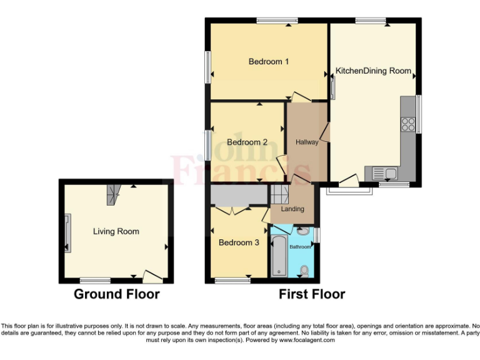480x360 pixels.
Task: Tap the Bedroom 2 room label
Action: [x=247, y=142]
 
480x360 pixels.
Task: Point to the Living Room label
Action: [x=116, y=231]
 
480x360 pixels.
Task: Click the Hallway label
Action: [x=307, y=142]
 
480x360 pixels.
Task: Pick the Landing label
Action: [x=292, y=209]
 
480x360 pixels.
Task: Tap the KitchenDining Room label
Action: [x=373, y=71]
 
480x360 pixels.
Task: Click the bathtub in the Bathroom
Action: [x=279, y=255]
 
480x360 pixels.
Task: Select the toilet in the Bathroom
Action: [x=304, y=271]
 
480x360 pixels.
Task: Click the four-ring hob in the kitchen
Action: [x=408, y=124]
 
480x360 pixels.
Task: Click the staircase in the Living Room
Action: [x=112, y=194]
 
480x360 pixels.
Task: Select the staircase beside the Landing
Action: [x=279, y=194]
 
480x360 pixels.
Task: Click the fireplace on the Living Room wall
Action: [x=67, y=232]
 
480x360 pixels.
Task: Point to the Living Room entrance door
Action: [x=151, y=275]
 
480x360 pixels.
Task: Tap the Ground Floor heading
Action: [x=117, y=294]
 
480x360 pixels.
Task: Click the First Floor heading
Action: [x=312, y=294]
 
